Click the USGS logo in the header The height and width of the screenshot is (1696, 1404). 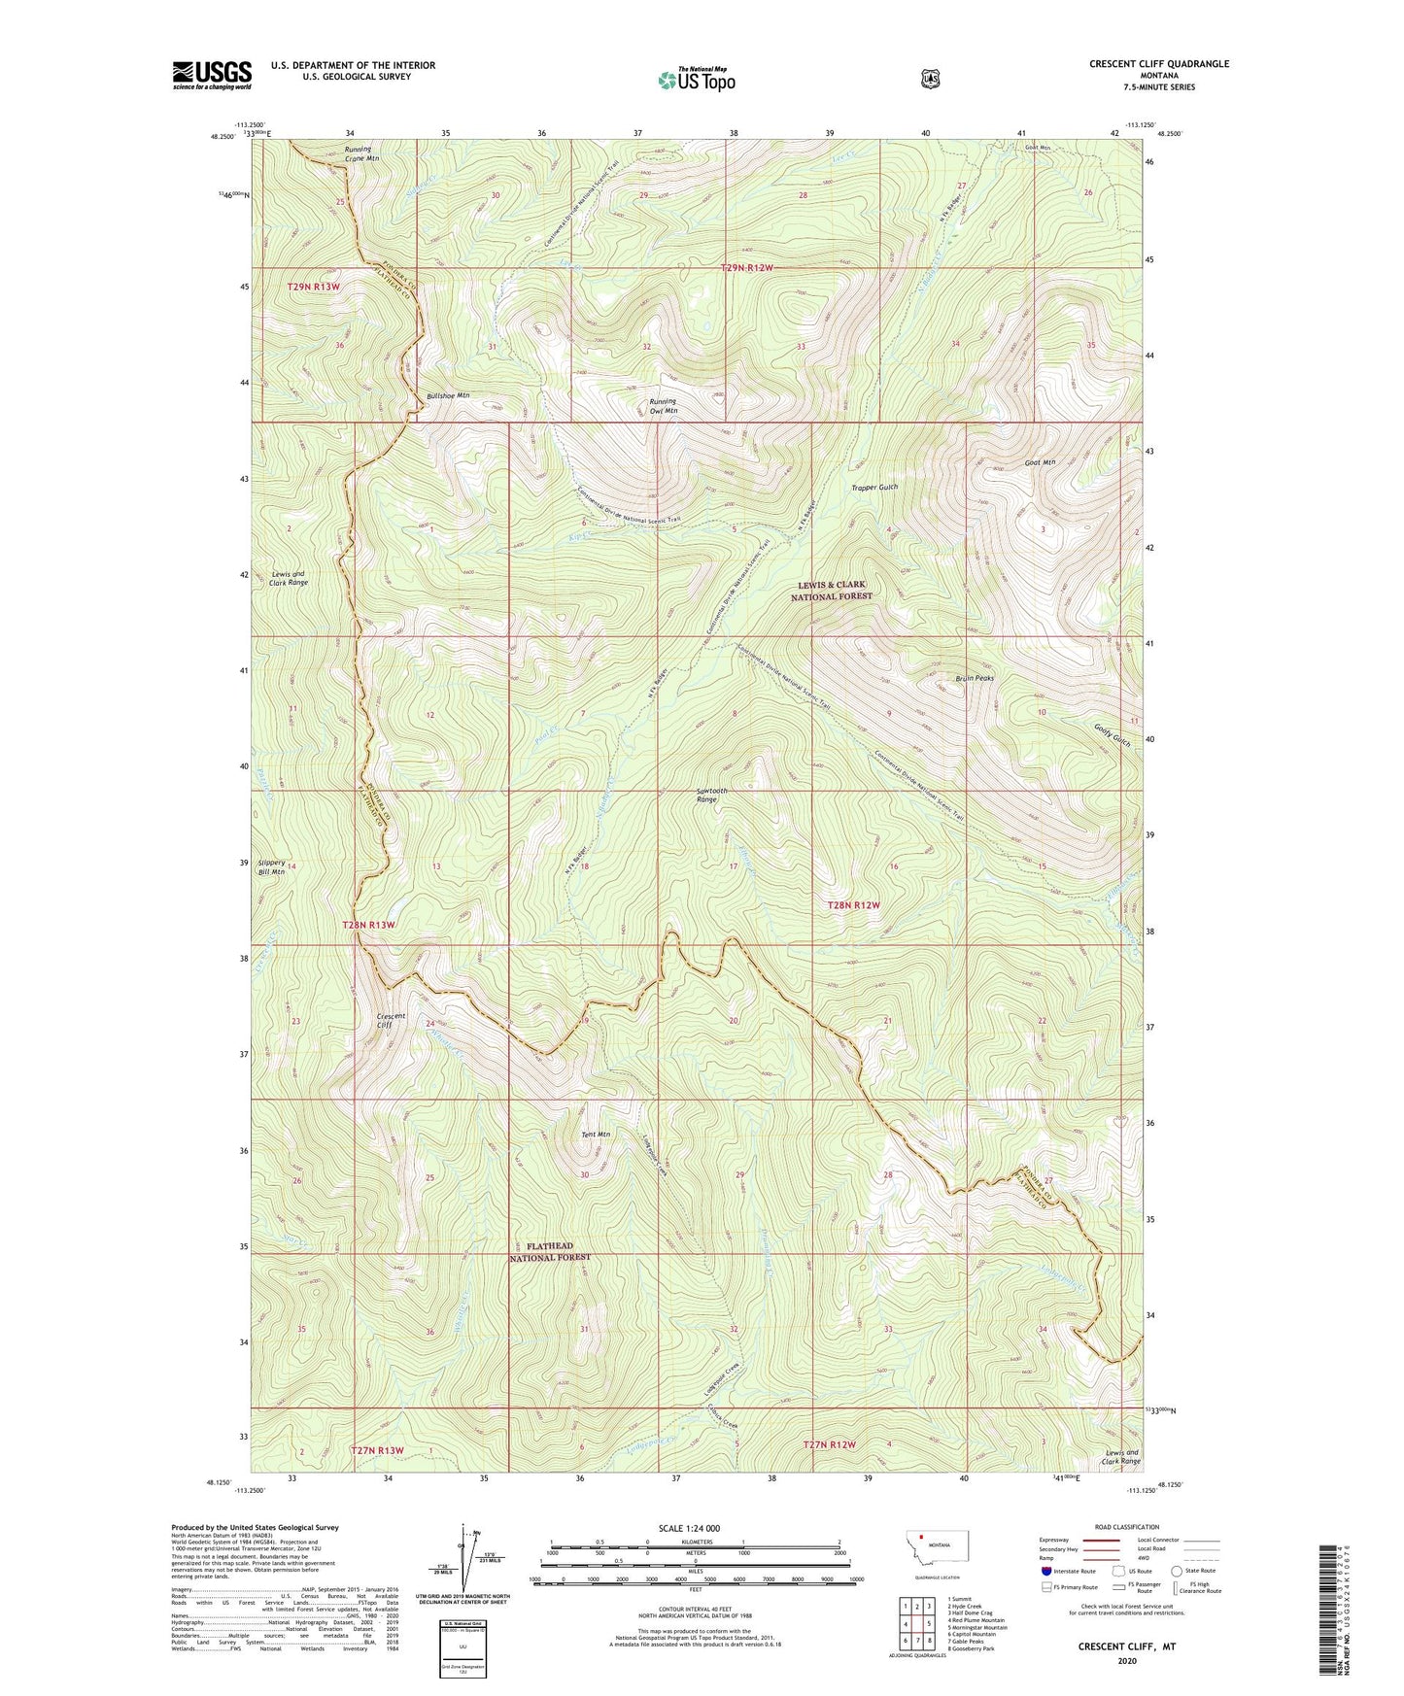(212, 75)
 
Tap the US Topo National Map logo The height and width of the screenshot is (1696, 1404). (695, 79)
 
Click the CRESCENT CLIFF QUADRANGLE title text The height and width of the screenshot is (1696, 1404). (1158, 64)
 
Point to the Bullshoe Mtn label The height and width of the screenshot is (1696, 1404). (448, 396)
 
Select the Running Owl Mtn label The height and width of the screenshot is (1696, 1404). (663, 407)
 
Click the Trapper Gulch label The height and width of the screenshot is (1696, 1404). (874, 488)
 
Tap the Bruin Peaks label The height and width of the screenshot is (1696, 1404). (975, 678)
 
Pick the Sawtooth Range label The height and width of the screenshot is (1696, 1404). (711, 796)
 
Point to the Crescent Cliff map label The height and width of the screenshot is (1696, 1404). (391, 1021)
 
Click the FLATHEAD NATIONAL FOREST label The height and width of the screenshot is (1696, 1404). (550, 1252)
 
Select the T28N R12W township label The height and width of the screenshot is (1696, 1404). (853, 905)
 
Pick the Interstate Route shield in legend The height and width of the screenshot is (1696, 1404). (1045, 1571)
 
